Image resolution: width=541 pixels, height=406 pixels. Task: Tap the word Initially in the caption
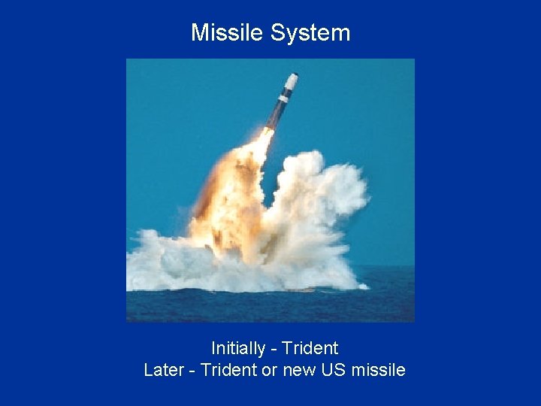(238, 348)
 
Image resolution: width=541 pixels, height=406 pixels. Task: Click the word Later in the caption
(163, 370)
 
